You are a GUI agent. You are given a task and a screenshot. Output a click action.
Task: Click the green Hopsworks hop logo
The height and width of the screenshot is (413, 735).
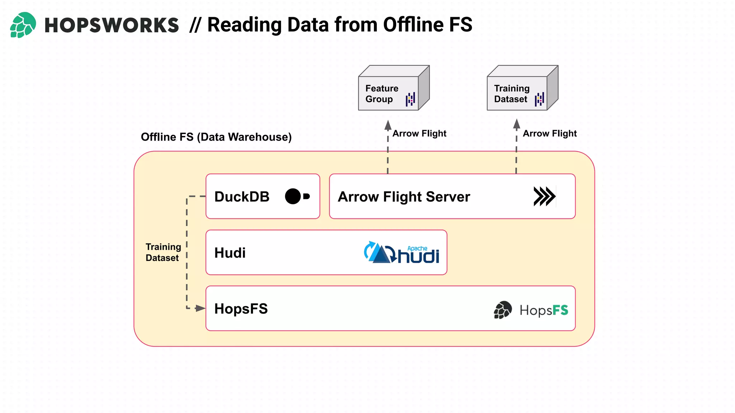(x=23, y=25)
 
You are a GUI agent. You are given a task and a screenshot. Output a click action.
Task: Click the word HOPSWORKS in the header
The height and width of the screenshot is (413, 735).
(x=111, y=25)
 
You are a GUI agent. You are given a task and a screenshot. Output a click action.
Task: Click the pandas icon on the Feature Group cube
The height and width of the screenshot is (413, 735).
(x=410, y=99)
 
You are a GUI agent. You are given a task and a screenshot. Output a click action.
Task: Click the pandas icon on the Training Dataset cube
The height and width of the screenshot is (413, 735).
(x=539, y=99)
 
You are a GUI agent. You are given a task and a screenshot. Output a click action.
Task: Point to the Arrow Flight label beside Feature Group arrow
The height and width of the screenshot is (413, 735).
(x=419, y=134)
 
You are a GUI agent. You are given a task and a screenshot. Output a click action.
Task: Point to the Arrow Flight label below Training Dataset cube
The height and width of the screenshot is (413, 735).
(x=549, y=134)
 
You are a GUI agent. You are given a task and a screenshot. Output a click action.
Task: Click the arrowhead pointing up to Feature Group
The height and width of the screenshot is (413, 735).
(x=388, y=125)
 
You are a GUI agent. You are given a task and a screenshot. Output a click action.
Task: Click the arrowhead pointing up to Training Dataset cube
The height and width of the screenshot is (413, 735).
(x=516, y=124)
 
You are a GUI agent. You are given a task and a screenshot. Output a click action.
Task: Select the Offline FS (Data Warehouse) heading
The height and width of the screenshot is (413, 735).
(x=216, y=137)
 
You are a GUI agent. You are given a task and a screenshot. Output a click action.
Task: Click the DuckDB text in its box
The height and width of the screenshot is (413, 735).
(x=242, y=197)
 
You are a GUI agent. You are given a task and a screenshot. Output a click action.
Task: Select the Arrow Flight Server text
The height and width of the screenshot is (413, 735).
(x=404, y=197)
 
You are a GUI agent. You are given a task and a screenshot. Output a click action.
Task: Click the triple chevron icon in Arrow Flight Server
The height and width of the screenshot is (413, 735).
(x=544, y=196)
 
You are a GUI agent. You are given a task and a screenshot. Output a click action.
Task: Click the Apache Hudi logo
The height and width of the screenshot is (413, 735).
(x=402, y=253)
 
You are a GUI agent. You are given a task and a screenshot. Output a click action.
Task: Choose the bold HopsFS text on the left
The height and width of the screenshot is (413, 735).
(x=241, y=309)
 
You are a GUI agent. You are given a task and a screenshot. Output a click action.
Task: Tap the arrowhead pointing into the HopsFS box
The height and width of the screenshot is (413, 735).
(x=200, y=308)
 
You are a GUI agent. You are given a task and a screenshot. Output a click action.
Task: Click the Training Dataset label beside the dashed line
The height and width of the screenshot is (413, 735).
(x=163, y=252)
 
